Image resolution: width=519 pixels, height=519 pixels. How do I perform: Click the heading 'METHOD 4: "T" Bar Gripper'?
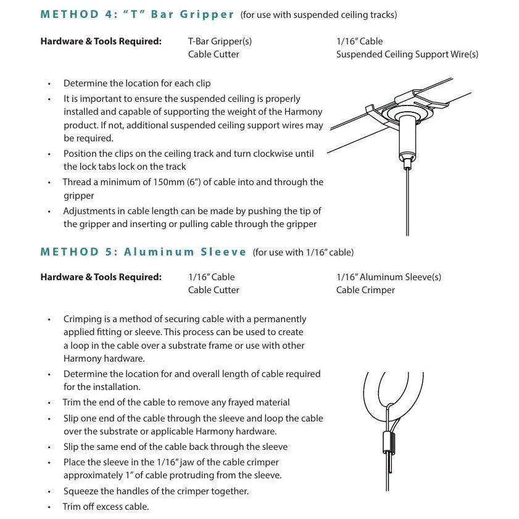coord(137,14)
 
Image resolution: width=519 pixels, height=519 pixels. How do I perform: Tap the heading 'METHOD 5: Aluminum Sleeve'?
coord(143,252)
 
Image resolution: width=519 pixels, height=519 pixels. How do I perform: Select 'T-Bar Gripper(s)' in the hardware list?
coord(220,41)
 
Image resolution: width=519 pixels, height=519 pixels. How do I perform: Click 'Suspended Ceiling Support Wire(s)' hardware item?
coord(407,54)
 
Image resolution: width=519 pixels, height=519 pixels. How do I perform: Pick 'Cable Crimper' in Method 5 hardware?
coord(365,290)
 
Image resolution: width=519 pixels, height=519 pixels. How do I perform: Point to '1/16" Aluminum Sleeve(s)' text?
coord(389,277)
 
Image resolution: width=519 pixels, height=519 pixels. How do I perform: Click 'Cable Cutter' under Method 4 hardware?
coord(214,54)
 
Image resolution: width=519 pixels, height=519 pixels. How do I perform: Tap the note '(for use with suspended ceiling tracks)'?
coord(318,15)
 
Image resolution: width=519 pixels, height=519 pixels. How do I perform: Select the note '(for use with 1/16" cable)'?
coord(303,252)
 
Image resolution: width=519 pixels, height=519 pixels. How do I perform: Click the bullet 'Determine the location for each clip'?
coord(137,83)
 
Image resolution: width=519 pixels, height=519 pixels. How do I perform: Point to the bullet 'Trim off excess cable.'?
coord(106,507)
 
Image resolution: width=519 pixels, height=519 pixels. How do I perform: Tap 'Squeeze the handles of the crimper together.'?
coord(156,491)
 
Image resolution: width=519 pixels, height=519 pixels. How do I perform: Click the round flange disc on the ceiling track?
coord(407,114)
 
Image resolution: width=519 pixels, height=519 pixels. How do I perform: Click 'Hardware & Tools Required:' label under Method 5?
coord(101,277)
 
